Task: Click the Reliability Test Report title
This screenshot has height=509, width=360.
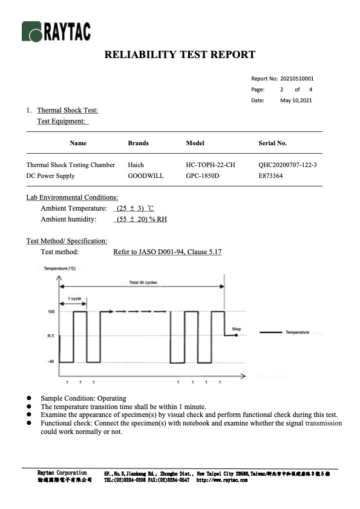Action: tap(180, 55)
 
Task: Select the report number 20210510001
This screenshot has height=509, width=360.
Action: tap(297, 79)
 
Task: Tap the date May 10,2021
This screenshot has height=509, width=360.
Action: tap(296, 100)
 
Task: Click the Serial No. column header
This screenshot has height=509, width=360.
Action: tap(272, 143)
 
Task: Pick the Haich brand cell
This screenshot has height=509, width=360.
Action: tap(136, 165)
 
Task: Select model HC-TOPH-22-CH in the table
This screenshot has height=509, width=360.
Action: tap(211, 165)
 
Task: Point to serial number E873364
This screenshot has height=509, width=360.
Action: tap(270, 176)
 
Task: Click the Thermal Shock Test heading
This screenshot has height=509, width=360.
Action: tap(67, 110)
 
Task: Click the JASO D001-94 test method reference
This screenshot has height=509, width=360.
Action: tap(167, 251)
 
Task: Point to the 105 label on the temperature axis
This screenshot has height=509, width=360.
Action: tap(51, 311)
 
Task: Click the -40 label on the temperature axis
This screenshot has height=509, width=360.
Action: tap(51, 362)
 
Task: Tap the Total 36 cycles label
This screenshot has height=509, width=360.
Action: tap(143, 283)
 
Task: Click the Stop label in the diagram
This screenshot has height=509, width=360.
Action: tap(237, 329)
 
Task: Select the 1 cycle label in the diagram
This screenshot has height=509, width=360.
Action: tap(74, 299)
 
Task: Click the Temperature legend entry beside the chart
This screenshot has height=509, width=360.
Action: tap(296, 332)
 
